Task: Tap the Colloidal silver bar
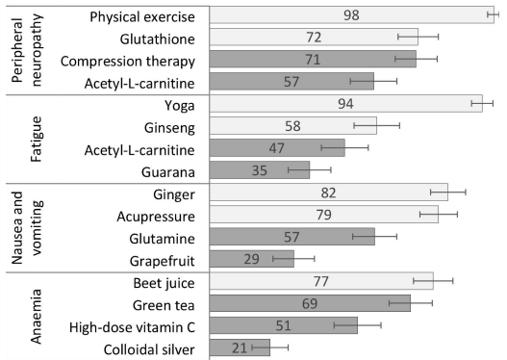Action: click(x=240, y=347)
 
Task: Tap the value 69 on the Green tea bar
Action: click(x=311, y=303)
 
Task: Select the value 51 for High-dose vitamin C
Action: click(x=284, y=325)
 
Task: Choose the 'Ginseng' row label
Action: click(x=167, y=126)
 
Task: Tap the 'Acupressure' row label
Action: click(x=156, y=215)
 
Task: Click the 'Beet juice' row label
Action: click(x=162, y=282)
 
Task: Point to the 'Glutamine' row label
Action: click(x=161, y=237)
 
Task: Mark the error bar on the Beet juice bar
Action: click(x=433, y=281)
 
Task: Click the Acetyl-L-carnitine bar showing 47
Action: click(x=276, y=148)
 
